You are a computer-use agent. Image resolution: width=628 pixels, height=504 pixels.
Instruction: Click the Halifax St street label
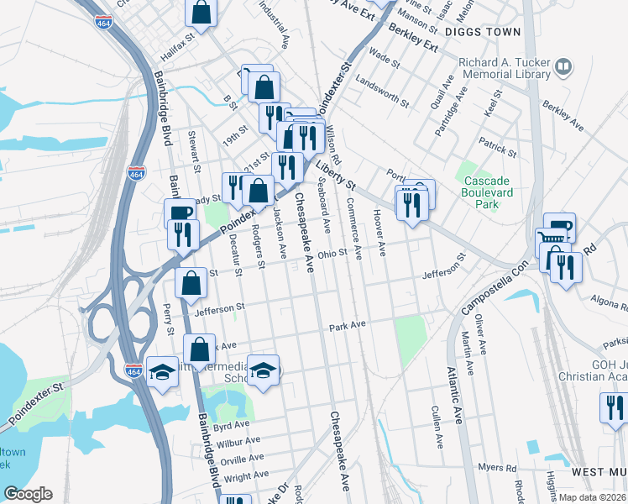(x=177, y=39)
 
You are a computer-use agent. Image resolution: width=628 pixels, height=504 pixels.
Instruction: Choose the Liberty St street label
(x=337, y=176)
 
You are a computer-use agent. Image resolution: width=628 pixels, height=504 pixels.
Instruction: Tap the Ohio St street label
(x=332, y=253)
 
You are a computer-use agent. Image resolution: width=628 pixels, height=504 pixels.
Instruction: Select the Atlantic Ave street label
(x=454, y=396)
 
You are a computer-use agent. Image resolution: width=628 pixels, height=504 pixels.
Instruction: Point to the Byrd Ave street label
(x=232, y=426)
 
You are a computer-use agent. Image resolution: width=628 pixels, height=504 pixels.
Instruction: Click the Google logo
(x=28, y=494)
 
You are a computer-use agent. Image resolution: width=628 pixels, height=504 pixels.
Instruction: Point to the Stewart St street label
(x=193, y=145)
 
